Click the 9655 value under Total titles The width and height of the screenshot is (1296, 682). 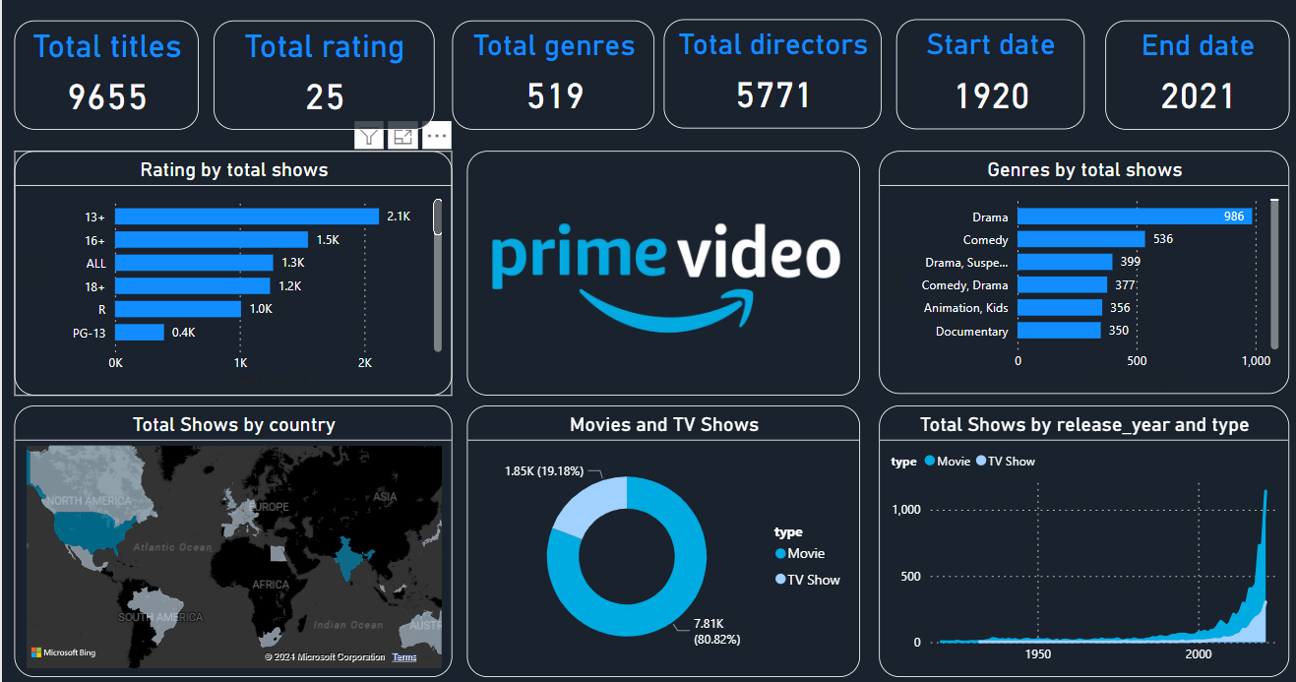click(x=107, y=96)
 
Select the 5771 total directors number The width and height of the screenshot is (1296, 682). click(x=772, y=94)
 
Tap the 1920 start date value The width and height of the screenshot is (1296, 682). click(x=991, y=96)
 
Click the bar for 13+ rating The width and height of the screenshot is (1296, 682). click(x=247, y=216)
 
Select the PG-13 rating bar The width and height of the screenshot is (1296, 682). click(x=140, y=333)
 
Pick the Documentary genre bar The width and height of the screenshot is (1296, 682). click(x=1059, y=331)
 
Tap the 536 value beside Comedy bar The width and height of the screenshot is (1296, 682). click(x=1163, y=239)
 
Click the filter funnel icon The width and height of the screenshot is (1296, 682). click(x=368, y=137)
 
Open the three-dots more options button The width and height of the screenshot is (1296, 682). click(x=436, y=137)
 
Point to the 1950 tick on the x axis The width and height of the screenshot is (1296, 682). click(x=1037, y=654)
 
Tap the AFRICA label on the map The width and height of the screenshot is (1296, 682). click(x=271, y=585)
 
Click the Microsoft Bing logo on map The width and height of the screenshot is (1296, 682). click(x=63, y=652)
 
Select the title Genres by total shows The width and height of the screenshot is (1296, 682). click(x=1083, y=170)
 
